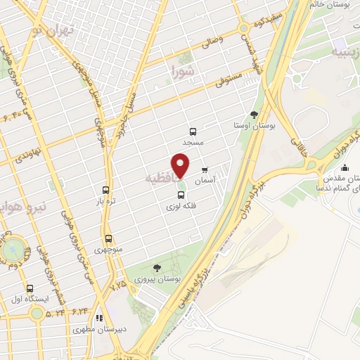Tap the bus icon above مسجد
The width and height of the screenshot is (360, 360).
pyautogui.click(x=193, y=131)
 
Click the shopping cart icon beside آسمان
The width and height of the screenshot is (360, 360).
pyautogui.click(x=205, y=169)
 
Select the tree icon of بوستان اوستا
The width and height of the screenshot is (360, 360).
pyautogui.click(x=254, y=114)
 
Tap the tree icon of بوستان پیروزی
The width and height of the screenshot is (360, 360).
pyautogui.click(x=156, y=267)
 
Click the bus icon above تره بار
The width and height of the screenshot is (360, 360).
pyautogui.click(x=105, y=189)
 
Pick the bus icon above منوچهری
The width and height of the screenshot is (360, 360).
pyautogui.click(x=108, y=238)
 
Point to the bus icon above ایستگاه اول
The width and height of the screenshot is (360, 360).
pyautogui.click(x=30, y=288)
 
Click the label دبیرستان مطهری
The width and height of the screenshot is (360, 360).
pyautogui.click(x=97, y=329)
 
